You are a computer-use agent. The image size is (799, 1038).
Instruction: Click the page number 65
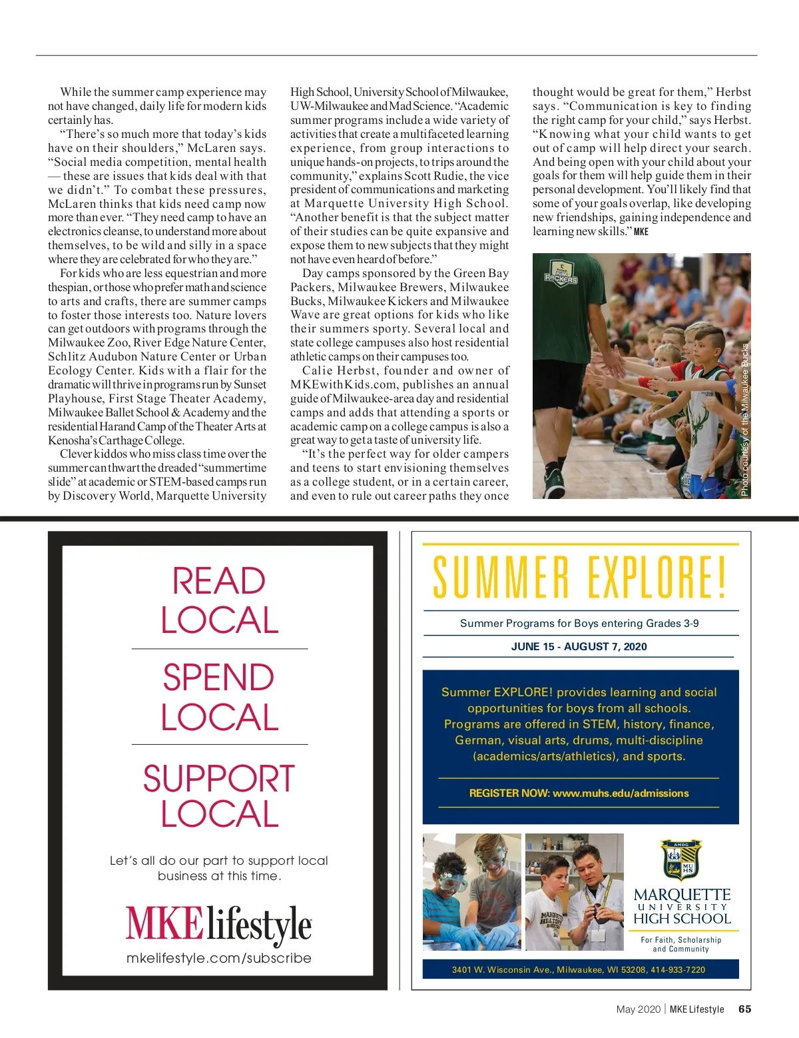pyautogui.click(x=744, y=1009)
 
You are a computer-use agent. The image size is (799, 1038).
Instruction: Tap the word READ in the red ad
pyautogui.click(x=218, y=581)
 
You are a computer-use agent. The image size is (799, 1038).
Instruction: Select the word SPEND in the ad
pyautogui.click(x=218, y=678)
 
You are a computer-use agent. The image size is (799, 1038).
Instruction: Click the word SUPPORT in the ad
pyautogui.click(x=218, y=779)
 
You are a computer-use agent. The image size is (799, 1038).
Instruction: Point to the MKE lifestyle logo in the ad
pyautogui.click(x=218, y=925)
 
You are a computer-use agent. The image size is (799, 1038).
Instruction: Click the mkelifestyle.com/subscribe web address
pyautogui.click(x=218, y=958)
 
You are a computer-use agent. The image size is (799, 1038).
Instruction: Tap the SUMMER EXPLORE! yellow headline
pyautogui.click(x=579, y=577)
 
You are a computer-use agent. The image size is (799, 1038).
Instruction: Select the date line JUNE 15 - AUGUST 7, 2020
pyautogui.click(x=579, y=646)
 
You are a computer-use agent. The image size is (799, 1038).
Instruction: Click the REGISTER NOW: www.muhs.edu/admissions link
pyautogui.click(x=579, y=793)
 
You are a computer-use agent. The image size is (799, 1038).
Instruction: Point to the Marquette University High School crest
pyautogui.click(x=681, y=861)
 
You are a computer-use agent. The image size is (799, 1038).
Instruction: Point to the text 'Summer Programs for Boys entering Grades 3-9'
pyautogui.click(x=579, y=623)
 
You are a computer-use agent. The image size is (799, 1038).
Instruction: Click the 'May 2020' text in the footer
pyautogui.click(x=638, y=1009)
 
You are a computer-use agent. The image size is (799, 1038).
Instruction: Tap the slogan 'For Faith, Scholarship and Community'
pyautogui.click(x=680, y=944)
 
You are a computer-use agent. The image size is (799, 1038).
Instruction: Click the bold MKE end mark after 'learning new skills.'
pyautogui.click(x=641, y=232)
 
